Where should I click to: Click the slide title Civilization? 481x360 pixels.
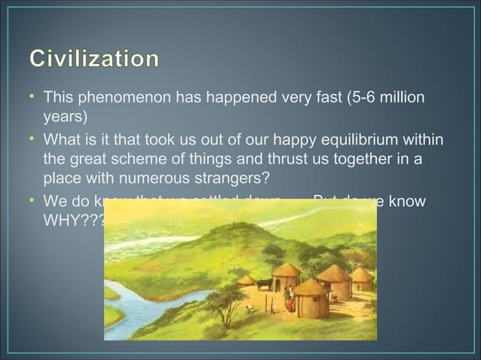pyautogui.click(x=94, y=59)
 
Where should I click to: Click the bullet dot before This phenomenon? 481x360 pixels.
pyautogui.click(x=32, y=99)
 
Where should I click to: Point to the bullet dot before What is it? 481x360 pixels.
pyautogui.click(x=32, y=141)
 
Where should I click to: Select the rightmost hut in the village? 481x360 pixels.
pyautogui.click(x=363, y=279)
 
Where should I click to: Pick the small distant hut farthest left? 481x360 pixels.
pyautogui.click(x=247, y=280)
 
